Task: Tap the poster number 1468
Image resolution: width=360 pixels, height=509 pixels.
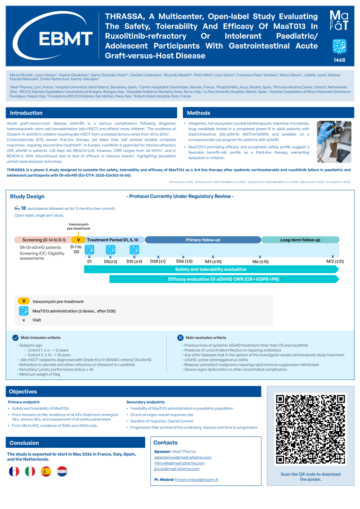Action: pyautogui.click(x=340, y=60)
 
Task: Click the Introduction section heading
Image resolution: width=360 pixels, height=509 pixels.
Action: pyautogui.click(x=26, y=113)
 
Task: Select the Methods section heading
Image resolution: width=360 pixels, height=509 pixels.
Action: pyautogui.click(x=198, y=113)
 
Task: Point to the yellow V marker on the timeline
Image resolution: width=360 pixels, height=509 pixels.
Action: pyautogui.click(x=78, y=240)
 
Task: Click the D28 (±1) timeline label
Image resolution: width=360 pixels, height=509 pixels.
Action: pyautogui.click(x=158, y=261)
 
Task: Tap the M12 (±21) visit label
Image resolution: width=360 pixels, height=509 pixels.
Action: pyautogui.click(x=335, y=261)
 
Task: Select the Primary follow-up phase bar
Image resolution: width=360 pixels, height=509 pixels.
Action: pyautogui.click(x=203, y=240)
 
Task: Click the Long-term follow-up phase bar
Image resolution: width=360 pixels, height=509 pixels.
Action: pyautogui.click(x=300, y=240)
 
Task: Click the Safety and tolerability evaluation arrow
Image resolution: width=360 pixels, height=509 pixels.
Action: pyautogui.click(x=211, y=269)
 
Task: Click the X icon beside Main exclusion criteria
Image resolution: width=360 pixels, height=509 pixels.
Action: pyautogui.click(x=180, y=337)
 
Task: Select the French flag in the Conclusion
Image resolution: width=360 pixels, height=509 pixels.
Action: pyautogui.click(x=15, y=471)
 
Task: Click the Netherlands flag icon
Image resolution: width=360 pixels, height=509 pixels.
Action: pyautogui.click(x=62, y=471)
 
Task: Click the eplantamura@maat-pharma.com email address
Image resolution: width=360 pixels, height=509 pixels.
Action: pyautogui.click(x=182, y=457)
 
